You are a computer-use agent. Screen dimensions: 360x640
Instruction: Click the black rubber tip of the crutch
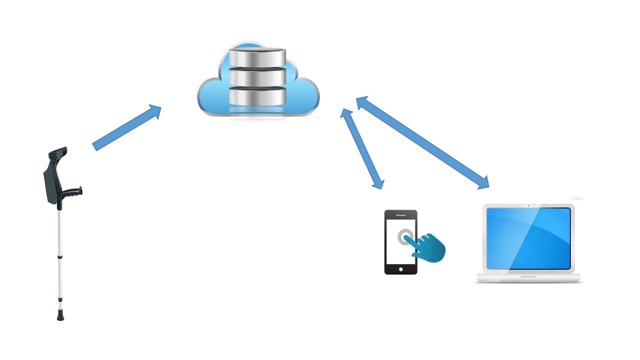click(x=60, y=316)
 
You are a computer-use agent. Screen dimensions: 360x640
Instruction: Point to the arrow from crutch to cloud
click(x=127, y=127)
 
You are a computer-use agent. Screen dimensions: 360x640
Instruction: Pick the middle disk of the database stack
click(x=257, y=76)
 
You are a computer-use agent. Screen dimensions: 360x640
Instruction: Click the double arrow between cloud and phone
click(x=362, y=148)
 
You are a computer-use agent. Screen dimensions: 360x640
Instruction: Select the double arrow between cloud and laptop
click(x=422, y=142)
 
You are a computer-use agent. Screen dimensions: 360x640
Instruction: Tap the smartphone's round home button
click(x=400, y=269)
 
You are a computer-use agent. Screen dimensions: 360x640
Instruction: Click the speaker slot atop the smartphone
click(x=400, y=214)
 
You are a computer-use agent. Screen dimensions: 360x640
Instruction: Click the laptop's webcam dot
click(x=528, y=205)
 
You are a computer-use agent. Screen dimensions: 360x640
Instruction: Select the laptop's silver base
click(x=528, y=278)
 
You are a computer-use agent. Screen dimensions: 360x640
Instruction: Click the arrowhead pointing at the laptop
click(x=483, y=183)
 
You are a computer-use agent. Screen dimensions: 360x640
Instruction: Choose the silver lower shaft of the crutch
click(x=60, y=280)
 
